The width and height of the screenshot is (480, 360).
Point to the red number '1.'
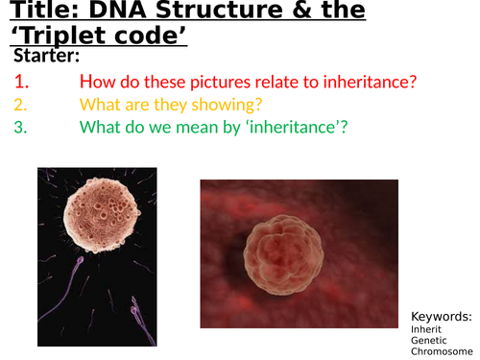coord(21,83)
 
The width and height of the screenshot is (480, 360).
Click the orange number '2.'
coord(20,105)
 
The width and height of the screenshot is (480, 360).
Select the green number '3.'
coord(20,127)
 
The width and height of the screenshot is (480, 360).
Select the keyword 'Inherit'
coord(425,328)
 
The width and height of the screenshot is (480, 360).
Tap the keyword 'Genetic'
coord(428,340)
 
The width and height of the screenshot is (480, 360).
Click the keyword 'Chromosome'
coord(441,351)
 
